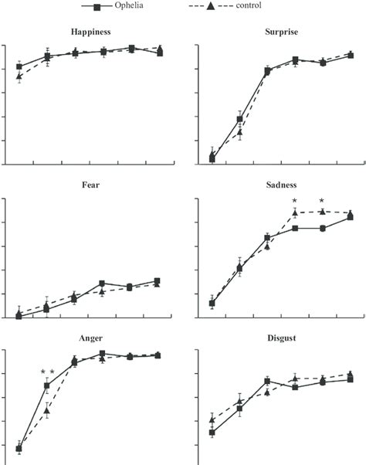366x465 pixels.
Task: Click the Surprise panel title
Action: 280,32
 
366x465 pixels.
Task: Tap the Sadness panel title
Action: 280,185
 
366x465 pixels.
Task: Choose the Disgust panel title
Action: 280,338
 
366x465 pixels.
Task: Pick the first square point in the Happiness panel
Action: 19,67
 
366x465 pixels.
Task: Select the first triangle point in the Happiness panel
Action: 19,76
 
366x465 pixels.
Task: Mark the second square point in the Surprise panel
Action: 240,119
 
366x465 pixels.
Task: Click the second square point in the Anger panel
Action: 47,385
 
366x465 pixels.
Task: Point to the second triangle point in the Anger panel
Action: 47,411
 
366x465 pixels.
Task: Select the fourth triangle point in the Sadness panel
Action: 295,212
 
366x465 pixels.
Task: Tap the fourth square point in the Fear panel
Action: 102,283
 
